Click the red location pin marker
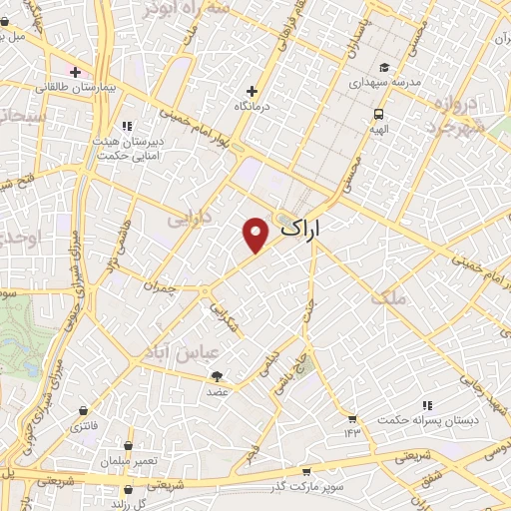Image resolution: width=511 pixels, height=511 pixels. tap(256, 234)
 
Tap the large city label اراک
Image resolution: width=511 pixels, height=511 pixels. tap(304, 229)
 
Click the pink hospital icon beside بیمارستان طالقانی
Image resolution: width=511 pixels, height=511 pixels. tap(73, 72)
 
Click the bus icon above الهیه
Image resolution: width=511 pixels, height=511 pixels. tap(380, 114)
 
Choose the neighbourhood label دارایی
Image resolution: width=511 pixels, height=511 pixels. tap(190, 216)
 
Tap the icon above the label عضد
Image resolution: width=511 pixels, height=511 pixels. tap(217, 376)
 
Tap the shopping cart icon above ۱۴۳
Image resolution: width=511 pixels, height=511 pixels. tap(351, 417)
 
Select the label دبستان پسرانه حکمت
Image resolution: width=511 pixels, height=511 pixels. tap(428, 421)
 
